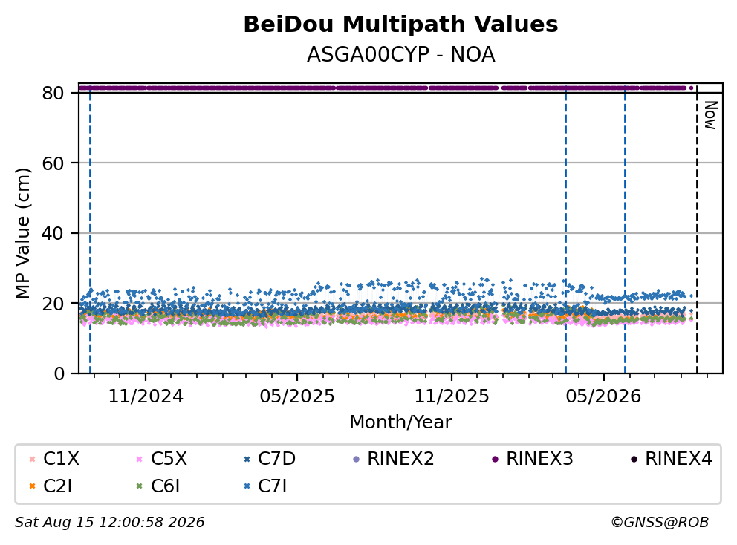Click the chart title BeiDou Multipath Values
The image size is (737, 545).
[x=400, y=25]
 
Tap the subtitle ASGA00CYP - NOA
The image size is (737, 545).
[x=400, y=54]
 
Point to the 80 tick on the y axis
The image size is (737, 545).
[x=53, y=93]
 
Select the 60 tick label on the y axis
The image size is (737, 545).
[x=53, y=163]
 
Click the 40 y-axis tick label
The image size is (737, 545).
[x=53, y=233]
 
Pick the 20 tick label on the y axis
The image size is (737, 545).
[x=53, y=304]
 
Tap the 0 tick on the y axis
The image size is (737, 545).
[x=59, y=373]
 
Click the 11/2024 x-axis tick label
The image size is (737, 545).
[x=146, y=396]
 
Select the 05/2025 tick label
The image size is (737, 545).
[x=297, y=396]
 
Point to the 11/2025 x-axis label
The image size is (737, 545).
[x=452, y=396]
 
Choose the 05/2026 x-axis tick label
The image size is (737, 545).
[x=603, y=396]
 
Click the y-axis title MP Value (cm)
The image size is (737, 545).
[x=22, y=233]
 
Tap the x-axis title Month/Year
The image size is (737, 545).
[x=400, y=422]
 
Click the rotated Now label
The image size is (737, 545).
[x=710, y=115]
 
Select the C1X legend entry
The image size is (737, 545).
[x=54, y=459]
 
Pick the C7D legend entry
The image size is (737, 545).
[x=270, y=459]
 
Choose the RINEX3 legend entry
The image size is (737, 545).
[x=533, y=459]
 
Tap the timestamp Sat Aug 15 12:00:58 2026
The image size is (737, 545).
[x=109, y=523]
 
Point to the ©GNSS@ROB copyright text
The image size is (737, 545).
[x=660, y=523]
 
